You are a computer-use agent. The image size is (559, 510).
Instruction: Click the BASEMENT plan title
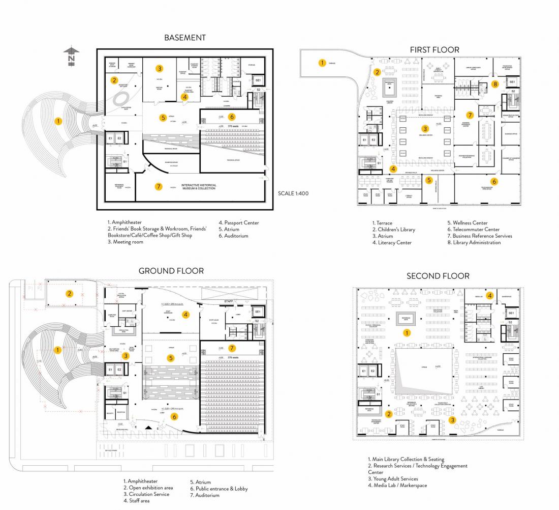point(185,38)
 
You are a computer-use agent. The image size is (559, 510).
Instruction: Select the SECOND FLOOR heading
point(438,276)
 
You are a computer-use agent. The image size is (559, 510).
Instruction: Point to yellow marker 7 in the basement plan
point(159,186)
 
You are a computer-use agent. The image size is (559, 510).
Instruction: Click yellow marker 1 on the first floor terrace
point(322,63)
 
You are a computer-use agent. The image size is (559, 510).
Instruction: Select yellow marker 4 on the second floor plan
point(490,295)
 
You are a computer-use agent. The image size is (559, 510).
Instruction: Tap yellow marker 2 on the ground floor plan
point(69,293)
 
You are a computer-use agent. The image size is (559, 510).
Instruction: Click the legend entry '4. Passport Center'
point(239,222)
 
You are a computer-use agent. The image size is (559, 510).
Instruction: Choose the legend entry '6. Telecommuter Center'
point(473,229)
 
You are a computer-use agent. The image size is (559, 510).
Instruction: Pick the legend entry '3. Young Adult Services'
point(395,478)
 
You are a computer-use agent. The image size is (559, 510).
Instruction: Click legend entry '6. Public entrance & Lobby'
point(219,489)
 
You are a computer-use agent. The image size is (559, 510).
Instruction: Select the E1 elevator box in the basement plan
point(110,138)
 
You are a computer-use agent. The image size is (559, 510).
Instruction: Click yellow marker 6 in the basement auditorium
point(232,116)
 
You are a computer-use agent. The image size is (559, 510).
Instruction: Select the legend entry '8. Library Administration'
point(474,242)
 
